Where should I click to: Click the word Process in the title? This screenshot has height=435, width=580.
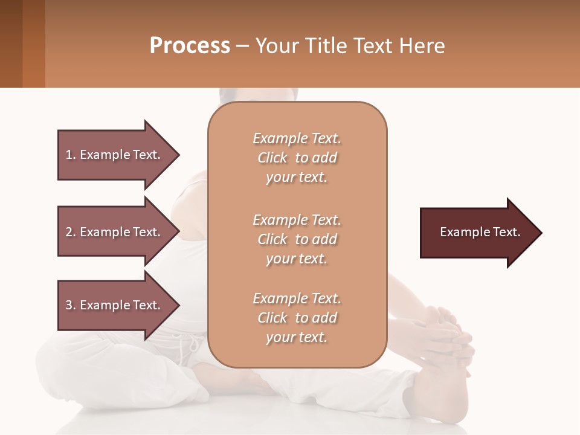click(190, 46)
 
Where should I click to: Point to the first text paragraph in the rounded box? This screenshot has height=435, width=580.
click(297, 158)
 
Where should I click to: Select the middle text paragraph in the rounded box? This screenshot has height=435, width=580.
click(297, 239)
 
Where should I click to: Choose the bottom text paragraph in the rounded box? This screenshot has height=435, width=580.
click(297, 318)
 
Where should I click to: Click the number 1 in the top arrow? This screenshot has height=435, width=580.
click(69, 155)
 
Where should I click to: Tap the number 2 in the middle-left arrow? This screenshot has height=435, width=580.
click(69, 232)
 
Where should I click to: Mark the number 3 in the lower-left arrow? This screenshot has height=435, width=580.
click(69, 305)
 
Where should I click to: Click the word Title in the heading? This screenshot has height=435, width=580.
click(326, 46)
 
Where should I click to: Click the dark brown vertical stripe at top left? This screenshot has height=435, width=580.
click(11, 43)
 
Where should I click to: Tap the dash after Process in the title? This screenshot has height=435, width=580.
click(243, 47)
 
